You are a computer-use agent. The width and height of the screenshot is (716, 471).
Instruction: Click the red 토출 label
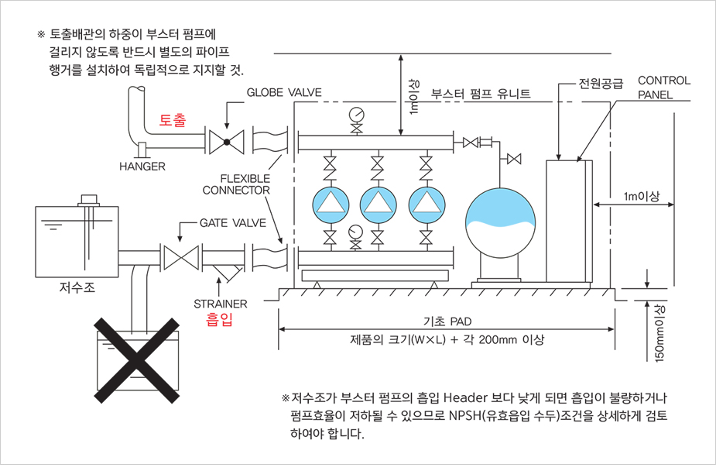click(x=173, y=120)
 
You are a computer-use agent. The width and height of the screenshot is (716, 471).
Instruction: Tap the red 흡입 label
click(x=219, y=319)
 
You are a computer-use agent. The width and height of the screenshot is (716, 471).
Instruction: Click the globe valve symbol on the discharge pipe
click(x=227, y=142)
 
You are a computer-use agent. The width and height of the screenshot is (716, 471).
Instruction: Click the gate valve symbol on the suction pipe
click(x=179, y=256)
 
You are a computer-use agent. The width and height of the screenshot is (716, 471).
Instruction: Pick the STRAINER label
click(x=221, y=304)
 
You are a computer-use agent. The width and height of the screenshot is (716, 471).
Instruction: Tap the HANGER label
click(x=142, y=166)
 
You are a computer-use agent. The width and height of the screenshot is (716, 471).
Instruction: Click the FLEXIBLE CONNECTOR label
click(x=236, y=184)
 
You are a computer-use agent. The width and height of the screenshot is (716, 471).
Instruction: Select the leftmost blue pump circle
click(x=331, y=203)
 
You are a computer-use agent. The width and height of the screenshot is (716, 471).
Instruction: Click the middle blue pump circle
click(x=379, y=203)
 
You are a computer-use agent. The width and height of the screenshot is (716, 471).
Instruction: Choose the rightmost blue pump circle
click(x=425, y=203)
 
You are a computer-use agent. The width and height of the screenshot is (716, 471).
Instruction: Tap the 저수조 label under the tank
click(x=76, y=288)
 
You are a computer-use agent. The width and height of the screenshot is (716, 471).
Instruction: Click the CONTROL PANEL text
click(x=663, y=87)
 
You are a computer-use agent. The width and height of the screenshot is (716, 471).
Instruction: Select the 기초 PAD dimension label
click(x=447, y=321)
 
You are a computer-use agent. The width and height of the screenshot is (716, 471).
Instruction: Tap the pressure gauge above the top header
click(x=356, y=114)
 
